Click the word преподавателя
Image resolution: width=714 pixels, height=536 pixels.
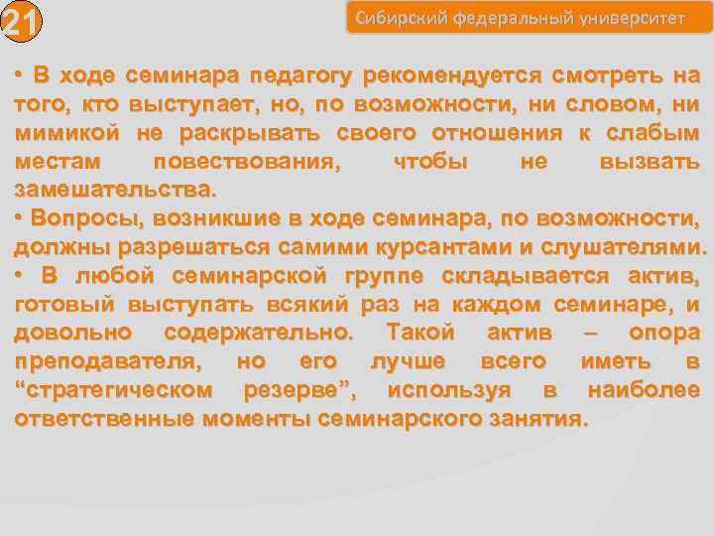click(105, 361)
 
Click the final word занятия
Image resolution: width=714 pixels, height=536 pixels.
click(541, 418)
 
